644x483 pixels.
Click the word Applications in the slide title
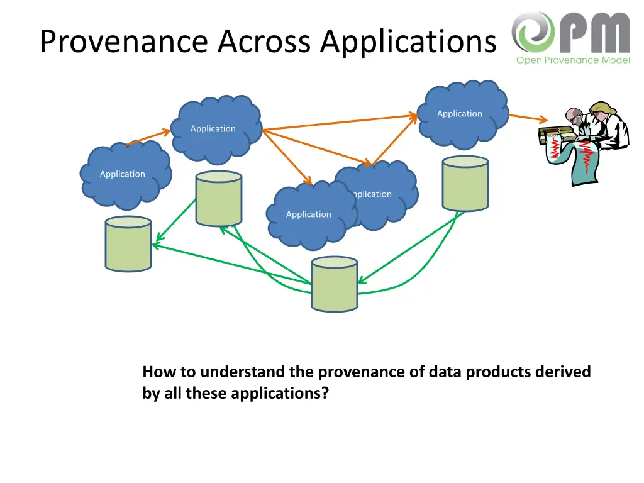point(408,42)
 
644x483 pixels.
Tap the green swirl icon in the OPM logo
point(532,32)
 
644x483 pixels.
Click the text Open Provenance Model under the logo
point(572,60)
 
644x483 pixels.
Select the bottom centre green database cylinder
point(335,284)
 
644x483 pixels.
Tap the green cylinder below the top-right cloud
point(465,184)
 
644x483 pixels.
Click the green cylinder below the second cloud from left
point(219,198)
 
